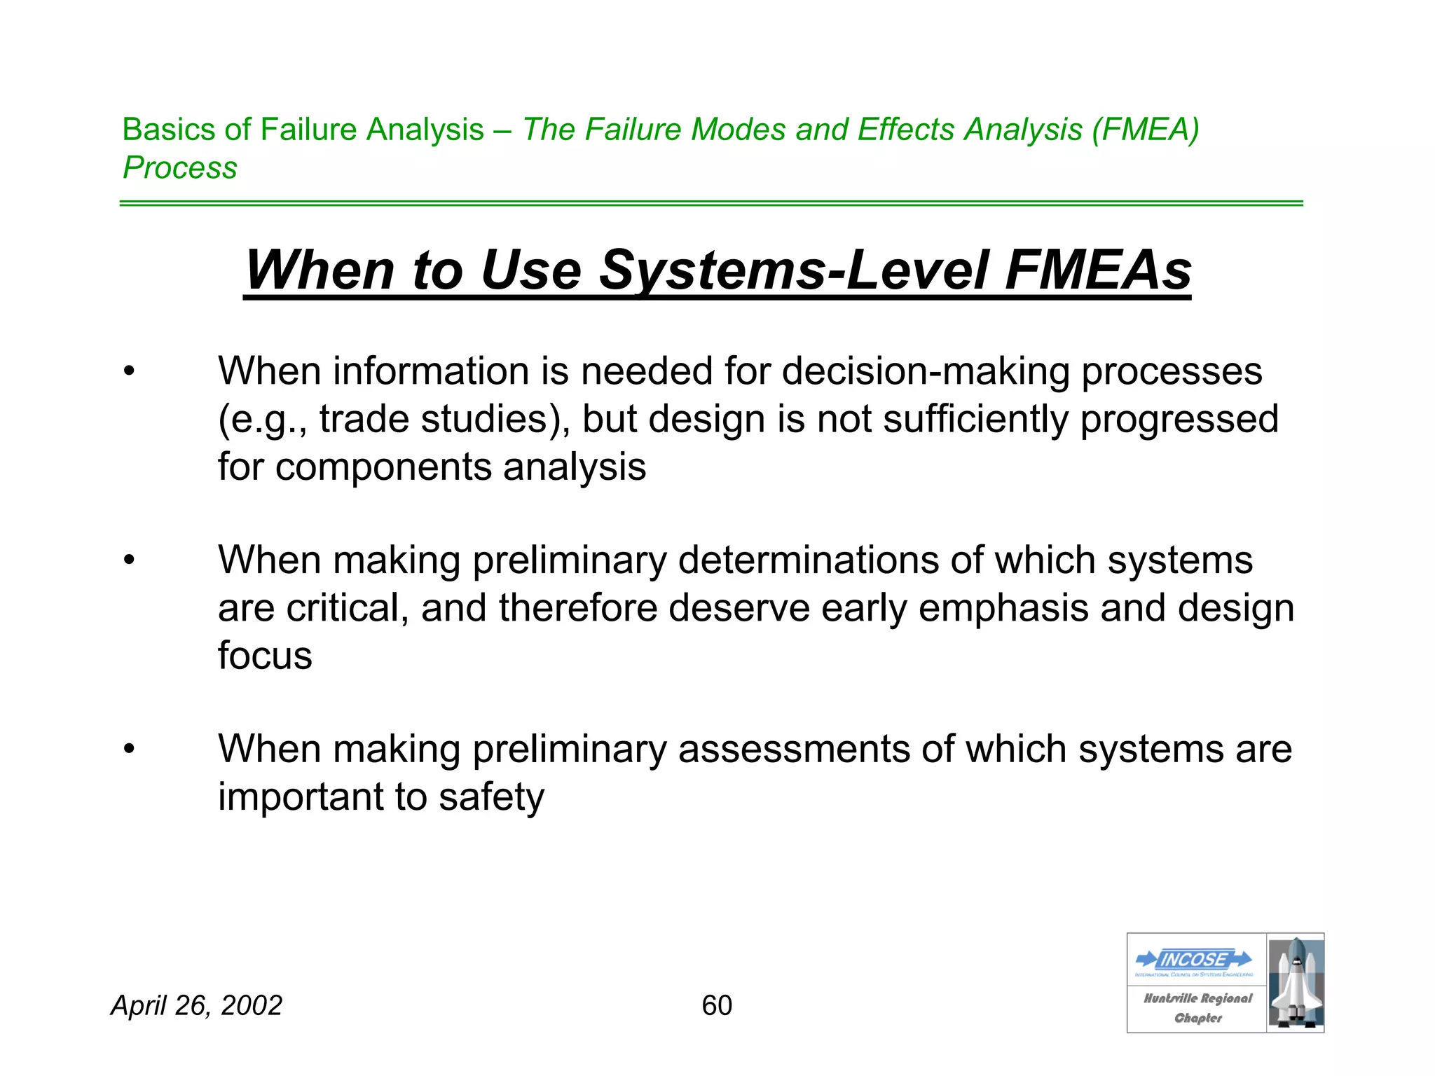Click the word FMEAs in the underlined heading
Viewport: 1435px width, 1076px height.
(1097, 270)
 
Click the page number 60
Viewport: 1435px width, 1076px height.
(717, 1005)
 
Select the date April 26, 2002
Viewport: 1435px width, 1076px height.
(197, 1005)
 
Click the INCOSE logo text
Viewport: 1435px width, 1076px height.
(1194, 959)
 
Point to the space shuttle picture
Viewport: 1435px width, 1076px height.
(1296, 983)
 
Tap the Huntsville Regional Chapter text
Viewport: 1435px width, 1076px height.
(1197, 1007)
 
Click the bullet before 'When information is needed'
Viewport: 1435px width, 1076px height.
(129, 371)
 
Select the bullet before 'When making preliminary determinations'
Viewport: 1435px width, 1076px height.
(129, 560)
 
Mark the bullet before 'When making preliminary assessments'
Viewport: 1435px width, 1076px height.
(129, 750)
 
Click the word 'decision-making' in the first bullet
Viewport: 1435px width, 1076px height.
(926, 371)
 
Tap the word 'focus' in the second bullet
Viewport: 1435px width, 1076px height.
(265, 656)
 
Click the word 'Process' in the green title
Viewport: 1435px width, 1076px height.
(180, 167)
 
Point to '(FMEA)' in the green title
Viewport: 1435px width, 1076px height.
(1145, 130)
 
